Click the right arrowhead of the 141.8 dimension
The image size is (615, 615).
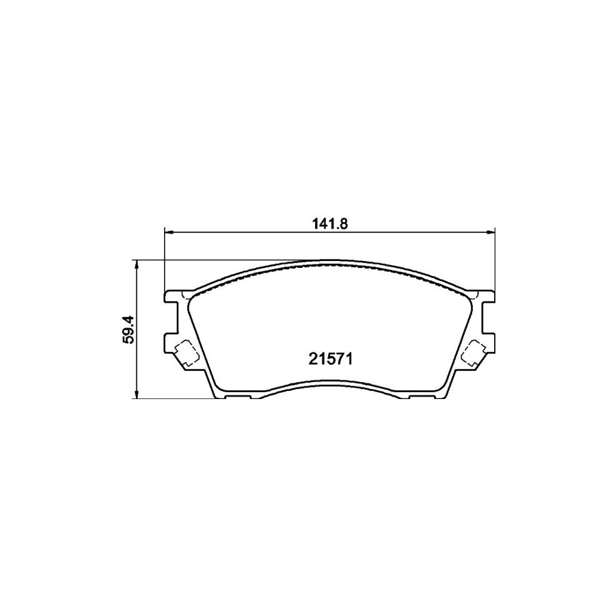coord(490,233)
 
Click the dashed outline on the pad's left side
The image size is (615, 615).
coord(184,353)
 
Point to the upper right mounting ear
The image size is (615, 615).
coord(486,297)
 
